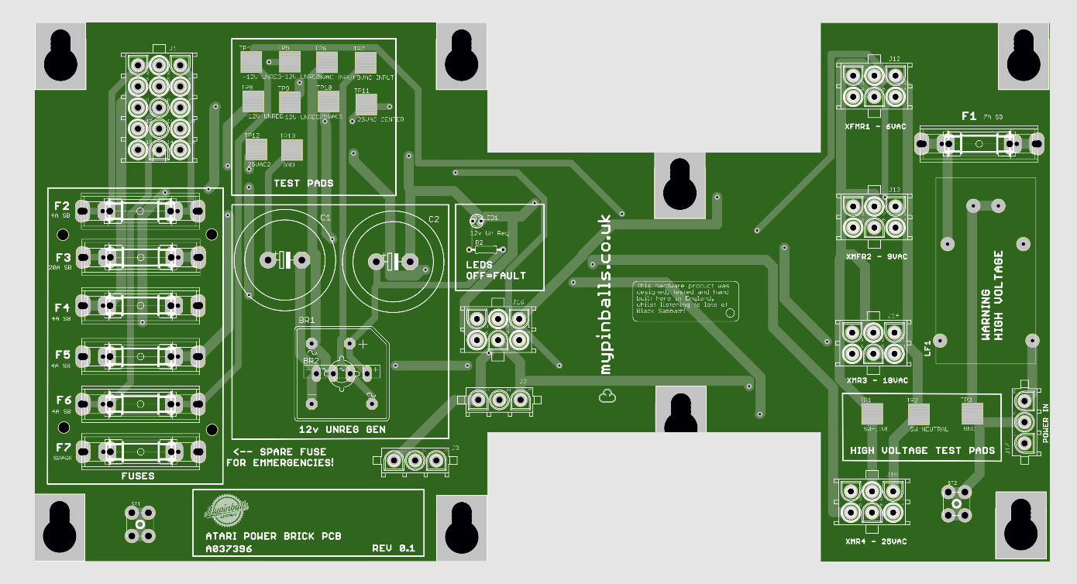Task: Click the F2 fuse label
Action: click(62, 206)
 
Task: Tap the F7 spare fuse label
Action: click(62, 447)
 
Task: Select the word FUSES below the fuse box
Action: click(138, 476)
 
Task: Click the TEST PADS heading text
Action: click(304, 184)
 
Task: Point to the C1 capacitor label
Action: click(325, 218)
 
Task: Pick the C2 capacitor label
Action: click(434, 219)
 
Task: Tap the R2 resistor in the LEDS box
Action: click(486, 249)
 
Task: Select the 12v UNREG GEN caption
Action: click(342, 429)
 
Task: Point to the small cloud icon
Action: click(607, 397)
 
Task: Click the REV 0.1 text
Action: click(394, 548)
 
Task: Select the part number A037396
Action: click(229, 548)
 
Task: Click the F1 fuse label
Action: click(969, 116)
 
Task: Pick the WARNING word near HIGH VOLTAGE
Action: click(986, 315)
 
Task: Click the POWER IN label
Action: click(1045, 424)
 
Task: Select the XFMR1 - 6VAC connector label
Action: click(876, 125)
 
